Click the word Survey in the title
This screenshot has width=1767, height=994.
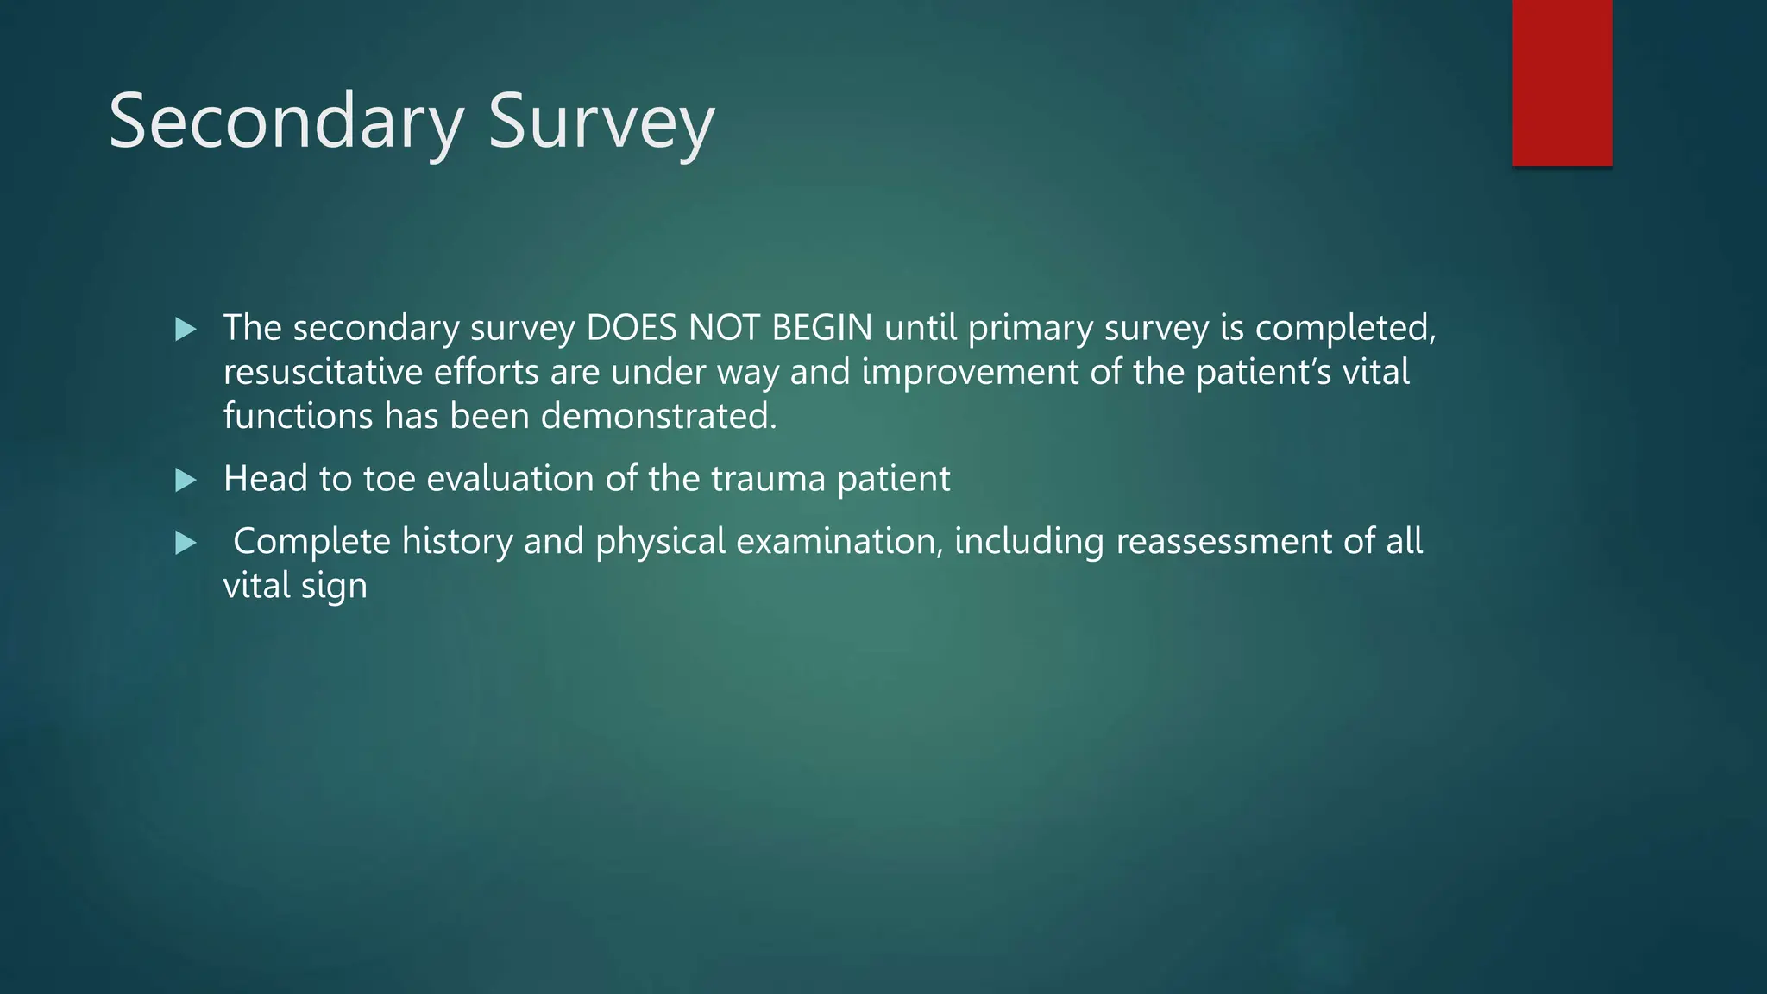tap(601, 122)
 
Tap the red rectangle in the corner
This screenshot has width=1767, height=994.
tap(1562, 82)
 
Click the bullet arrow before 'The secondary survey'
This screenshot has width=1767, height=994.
tap(186, 329)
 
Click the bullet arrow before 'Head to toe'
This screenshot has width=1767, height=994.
tap(186, 480)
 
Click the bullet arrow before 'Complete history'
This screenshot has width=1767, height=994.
tap(186, 543)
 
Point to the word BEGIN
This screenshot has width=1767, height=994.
tap(821, 328)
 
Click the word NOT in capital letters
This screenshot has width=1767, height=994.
tap(723, 328)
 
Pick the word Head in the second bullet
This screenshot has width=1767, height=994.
tap(265, 479)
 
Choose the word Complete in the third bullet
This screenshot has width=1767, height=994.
tap(311, 542)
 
